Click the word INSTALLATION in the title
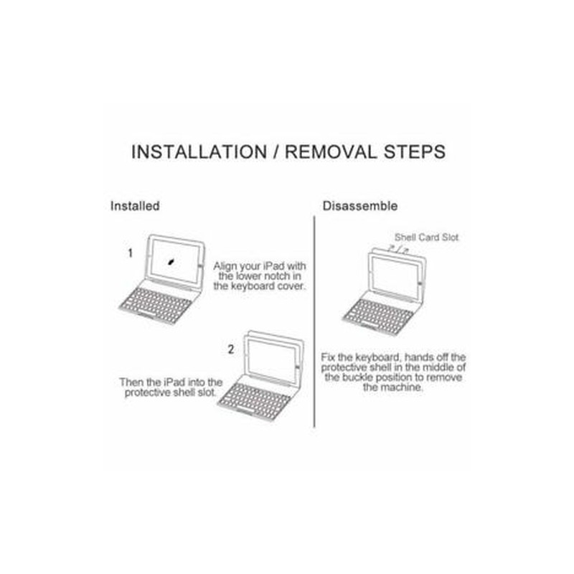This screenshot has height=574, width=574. [199, 152]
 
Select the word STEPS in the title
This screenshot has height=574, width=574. [415, 152]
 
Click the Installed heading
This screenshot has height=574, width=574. [135, 206]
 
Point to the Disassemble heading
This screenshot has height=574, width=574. [360, 206]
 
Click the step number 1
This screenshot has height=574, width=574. [130, 253]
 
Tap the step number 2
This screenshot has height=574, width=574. [230, 349]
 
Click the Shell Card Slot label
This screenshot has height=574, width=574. [426, 237]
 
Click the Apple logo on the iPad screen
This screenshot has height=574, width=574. [171, 261]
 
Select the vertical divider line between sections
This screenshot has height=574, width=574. [314, 321]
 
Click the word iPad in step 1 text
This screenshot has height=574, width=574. [274, 265]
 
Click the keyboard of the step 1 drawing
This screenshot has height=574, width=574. [156, 304]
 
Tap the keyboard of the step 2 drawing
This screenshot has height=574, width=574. [255, 401]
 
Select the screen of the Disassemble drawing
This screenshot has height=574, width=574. [395, 276]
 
